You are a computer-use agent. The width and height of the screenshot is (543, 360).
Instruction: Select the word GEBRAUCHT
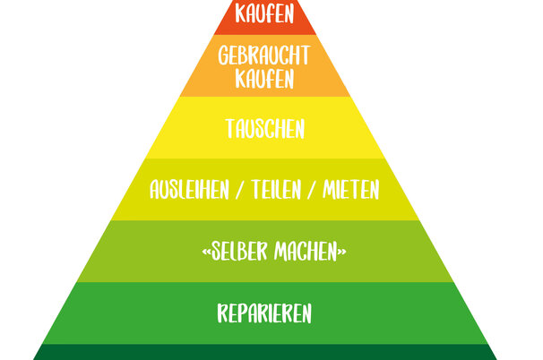(x=264, y=56)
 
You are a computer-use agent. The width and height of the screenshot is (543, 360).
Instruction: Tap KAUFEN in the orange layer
(x=264, y=79)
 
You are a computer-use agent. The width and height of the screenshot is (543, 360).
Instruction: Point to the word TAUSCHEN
(x=264, y=129)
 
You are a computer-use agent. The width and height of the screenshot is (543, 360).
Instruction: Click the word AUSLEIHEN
(x=190, y=191)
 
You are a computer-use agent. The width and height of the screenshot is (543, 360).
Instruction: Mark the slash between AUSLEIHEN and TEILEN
(x=237, y=191)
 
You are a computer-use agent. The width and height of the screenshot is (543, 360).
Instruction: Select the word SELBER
(x=236, y=252)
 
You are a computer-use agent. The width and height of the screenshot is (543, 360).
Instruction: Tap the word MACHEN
(x=306, y=252)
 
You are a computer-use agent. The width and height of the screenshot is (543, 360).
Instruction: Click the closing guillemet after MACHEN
(x=342, y=253)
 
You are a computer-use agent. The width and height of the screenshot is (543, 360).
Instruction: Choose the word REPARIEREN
(x=264, y=313)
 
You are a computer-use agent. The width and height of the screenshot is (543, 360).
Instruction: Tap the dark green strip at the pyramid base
(x=264, y=352)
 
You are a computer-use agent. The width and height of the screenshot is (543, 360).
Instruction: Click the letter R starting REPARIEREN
(x=222, y=313)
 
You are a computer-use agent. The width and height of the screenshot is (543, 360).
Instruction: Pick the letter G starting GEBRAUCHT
(x=224, y=56)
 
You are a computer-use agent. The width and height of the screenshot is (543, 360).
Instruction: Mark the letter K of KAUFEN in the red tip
(x=239, y=14)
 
